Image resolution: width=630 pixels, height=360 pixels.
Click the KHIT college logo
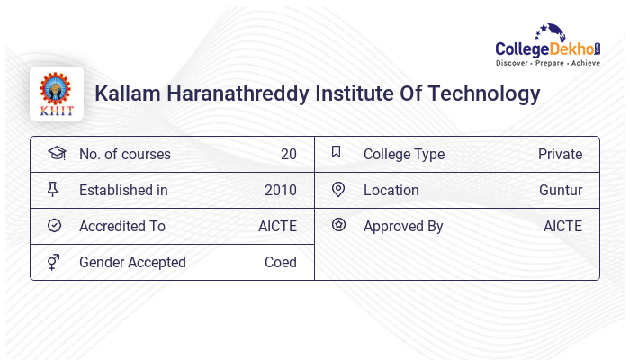pos(56,94)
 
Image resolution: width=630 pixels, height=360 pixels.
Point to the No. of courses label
pos(124,155)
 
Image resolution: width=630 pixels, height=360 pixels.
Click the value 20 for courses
pos(288,155)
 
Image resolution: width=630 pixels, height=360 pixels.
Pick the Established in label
pos(123,191)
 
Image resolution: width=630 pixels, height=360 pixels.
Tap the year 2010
pos(281,191)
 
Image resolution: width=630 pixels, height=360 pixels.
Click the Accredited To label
pos(122,227)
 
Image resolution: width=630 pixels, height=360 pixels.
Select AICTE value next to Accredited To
pos(277,227)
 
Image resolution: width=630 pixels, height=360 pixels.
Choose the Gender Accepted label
pos(132,263)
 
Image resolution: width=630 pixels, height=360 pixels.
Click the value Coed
pos(280,263)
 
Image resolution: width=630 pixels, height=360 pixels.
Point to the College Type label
pos(404,155)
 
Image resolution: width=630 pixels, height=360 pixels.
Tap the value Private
pos(560,155)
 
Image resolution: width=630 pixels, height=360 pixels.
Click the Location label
pos(391,191)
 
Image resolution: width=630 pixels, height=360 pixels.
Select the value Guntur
pos(561,191)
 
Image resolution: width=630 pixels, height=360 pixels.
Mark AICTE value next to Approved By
pos(562,227)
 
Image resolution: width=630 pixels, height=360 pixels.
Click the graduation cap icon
pos(56,154)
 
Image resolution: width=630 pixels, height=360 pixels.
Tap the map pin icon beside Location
pos(338,190)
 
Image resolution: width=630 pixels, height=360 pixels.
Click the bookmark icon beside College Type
pos(337,153)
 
